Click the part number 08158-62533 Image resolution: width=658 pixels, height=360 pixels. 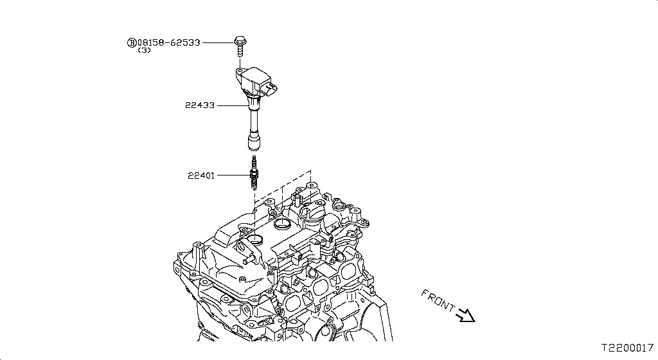[x=168, y=42]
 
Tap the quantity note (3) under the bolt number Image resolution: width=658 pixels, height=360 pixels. [x=144, y=51]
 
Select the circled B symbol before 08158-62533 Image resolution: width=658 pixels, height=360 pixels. [x=131, y=42]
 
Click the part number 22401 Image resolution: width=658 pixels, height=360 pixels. [x=201, y=175]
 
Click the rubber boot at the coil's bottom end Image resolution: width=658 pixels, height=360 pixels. [x=253, y=141]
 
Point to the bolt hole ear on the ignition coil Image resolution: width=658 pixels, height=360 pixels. [x=239, y=71]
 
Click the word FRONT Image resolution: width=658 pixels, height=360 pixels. [x=438, y=300]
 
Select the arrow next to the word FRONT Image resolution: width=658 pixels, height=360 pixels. [x=465, y=315]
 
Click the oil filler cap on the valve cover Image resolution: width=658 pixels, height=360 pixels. [x=283, y=225]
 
